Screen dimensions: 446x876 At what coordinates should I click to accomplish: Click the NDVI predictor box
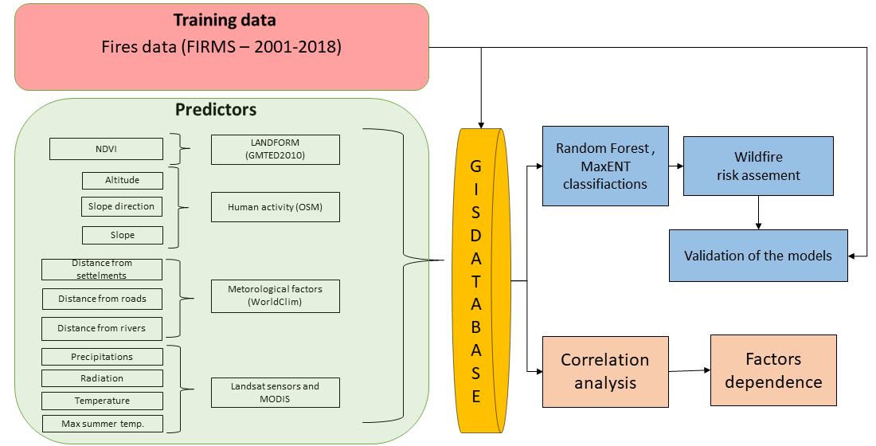tap(106, 149)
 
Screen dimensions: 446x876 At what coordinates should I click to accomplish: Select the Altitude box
tap(122, 180)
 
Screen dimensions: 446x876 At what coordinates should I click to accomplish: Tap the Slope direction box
tap(122, 207)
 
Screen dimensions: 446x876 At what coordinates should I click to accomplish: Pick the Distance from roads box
tap(102, 299)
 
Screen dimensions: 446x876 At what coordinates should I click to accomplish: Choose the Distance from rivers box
tap(102, 328)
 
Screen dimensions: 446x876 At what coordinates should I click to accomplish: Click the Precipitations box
tap(102, 357)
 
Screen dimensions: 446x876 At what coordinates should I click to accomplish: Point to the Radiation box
tap(102, 378)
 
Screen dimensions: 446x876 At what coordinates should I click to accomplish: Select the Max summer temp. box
tap(102, 424)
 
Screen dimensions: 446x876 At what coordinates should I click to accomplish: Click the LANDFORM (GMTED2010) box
tap(275, 150)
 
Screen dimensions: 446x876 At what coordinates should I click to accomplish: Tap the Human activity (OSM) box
tap(275, 207)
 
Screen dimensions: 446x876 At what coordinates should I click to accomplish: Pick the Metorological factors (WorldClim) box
tap(275, 295)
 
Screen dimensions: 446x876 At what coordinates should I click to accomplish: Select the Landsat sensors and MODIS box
tap(275, 393)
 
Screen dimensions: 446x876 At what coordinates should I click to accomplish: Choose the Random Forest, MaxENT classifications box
tap(604, 166)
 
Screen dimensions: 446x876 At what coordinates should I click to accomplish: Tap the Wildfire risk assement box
tap(758, 166)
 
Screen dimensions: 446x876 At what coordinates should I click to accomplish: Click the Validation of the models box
tap(758, 256)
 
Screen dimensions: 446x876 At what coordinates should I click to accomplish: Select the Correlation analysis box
tap(605, 371)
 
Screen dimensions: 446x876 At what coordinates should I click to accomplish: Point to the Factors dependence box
tap(773, 370)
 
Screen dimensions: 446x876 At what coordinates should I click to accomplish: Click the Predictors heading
tap(216, 110)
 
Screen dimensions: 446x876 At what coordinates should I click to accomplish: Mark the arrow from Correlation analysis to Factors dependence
tap(689, 371)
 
